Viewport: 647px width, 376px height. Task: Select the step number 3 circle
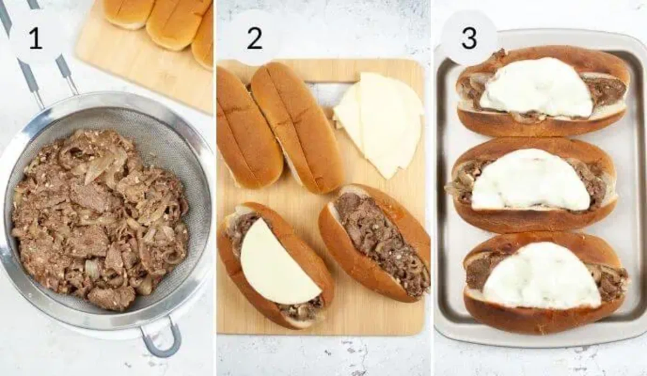pos(469,38)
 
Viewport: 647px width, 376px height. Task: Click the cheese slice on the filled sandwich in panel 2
pos(275,264)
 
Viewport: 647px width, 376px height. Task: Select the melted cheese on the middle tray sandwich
pos(531,180)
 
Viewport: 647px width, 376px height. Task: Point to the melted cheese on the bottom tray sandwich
pos(542,275)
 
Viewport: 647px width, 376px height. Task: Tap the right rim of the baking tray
pos(636,189)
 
